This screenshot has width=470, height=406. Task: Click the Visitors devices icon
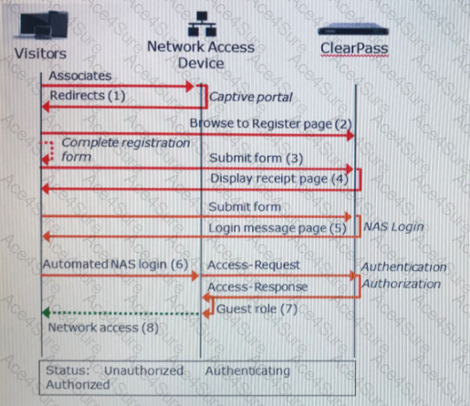click(43, 25)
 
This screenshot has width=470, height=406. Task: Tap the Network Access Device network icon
click(202, 24)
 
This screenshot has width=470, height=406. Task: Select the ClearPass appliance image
click(353, 30)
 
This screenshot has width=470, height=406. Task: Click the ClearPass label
click(354, 48)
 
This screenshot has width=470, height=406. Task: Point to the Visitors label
click(40, 54)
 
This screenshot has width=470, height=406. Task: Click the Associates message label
click(80, 76)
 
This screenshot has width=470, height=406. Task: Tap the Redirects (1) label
click(88, 96)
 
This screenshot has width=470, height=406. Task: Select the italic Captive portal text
click(251, 97)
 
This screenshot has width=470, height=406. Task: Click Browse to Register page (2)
click(271, 124)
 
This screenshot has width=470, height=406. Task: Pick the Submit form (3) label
click(256, 158)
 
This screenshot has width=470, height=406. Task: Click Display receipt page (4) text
click(279, 179)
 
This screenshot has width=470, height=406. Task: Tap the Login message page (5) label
click(277, 228)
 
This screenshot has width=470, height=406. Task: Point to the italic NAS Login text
click(393, 227)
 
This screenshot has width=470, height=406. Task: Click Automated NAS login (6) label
click(116, 265)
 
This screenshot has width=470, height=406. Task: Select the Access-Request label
click(254, 265)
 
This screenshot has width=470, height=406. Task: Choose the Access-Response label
click(257, 286)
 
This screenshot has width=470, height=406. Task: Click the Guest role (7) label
click(256, 309)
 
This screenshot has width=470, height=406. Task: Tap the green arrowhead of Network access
click(46, 313)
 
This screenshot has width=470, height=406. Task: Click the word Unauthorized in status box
click(143, 370)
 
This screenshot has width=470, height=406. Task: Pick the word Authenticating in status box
click(247, 371)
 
